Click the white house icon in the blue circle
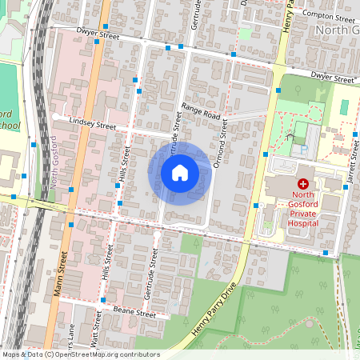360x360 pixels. pos(180,173)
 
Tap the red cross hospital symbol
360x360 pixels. pos(303,184)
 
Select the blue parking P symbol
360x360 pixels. pos(302,149)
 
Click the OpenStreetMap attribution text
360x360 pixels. pos(80,354)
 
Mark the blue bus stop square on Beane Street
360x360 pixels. pos(103,300)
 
